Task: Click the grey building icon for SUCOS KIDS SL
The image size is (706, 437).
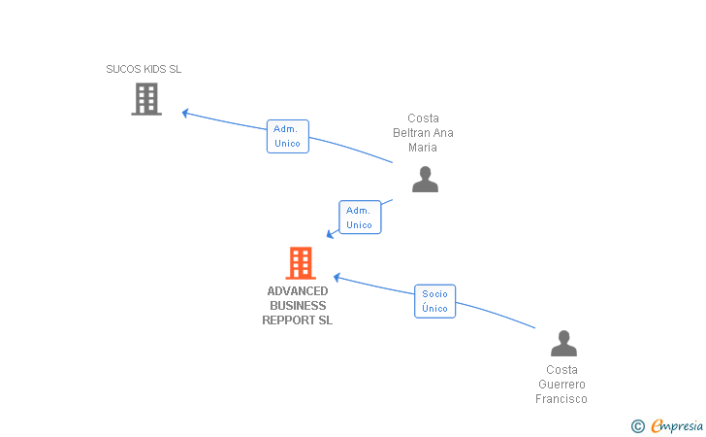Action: point(146,99)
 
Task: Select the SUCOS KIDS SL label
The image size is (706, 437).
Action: point(144,69)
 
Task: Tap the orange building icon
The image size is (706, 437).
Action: point(301,262)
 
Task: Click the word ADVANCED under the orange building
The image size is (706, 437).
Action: point(298,291)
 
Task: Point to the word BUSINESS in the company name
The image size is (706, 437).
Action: point(298,306)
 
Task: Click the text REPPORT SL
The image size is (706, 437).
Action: point(298,320)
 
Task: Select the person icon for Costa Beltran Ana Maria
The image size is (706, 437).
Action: point(425,179)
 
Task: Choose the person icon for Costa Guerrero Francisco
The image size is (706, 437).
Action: point(563,344)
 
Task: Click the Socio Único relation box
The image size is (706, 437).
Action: point(434,301)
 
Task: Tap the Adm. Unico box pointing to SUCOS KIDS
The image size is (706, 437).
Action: point(287,136)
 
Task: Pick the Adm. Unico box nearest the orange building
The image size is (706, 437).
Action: point(360,218)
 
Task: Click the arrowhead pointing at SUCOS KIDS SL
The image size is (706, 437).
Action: point(185,113)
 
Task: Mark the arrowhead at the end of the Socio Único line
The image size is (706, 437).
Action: point(337,277)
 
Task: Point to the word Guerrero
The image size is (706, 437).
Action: point(562,385)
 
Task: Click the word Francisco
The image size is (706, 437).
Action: point(562,399)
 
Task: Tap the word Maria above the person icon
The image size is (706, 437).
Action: point(423,148)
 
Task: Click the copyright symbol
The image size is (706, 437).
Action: point(637,425)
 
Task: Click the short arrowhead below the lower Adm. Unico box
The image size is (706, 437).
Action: point(331,234)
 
